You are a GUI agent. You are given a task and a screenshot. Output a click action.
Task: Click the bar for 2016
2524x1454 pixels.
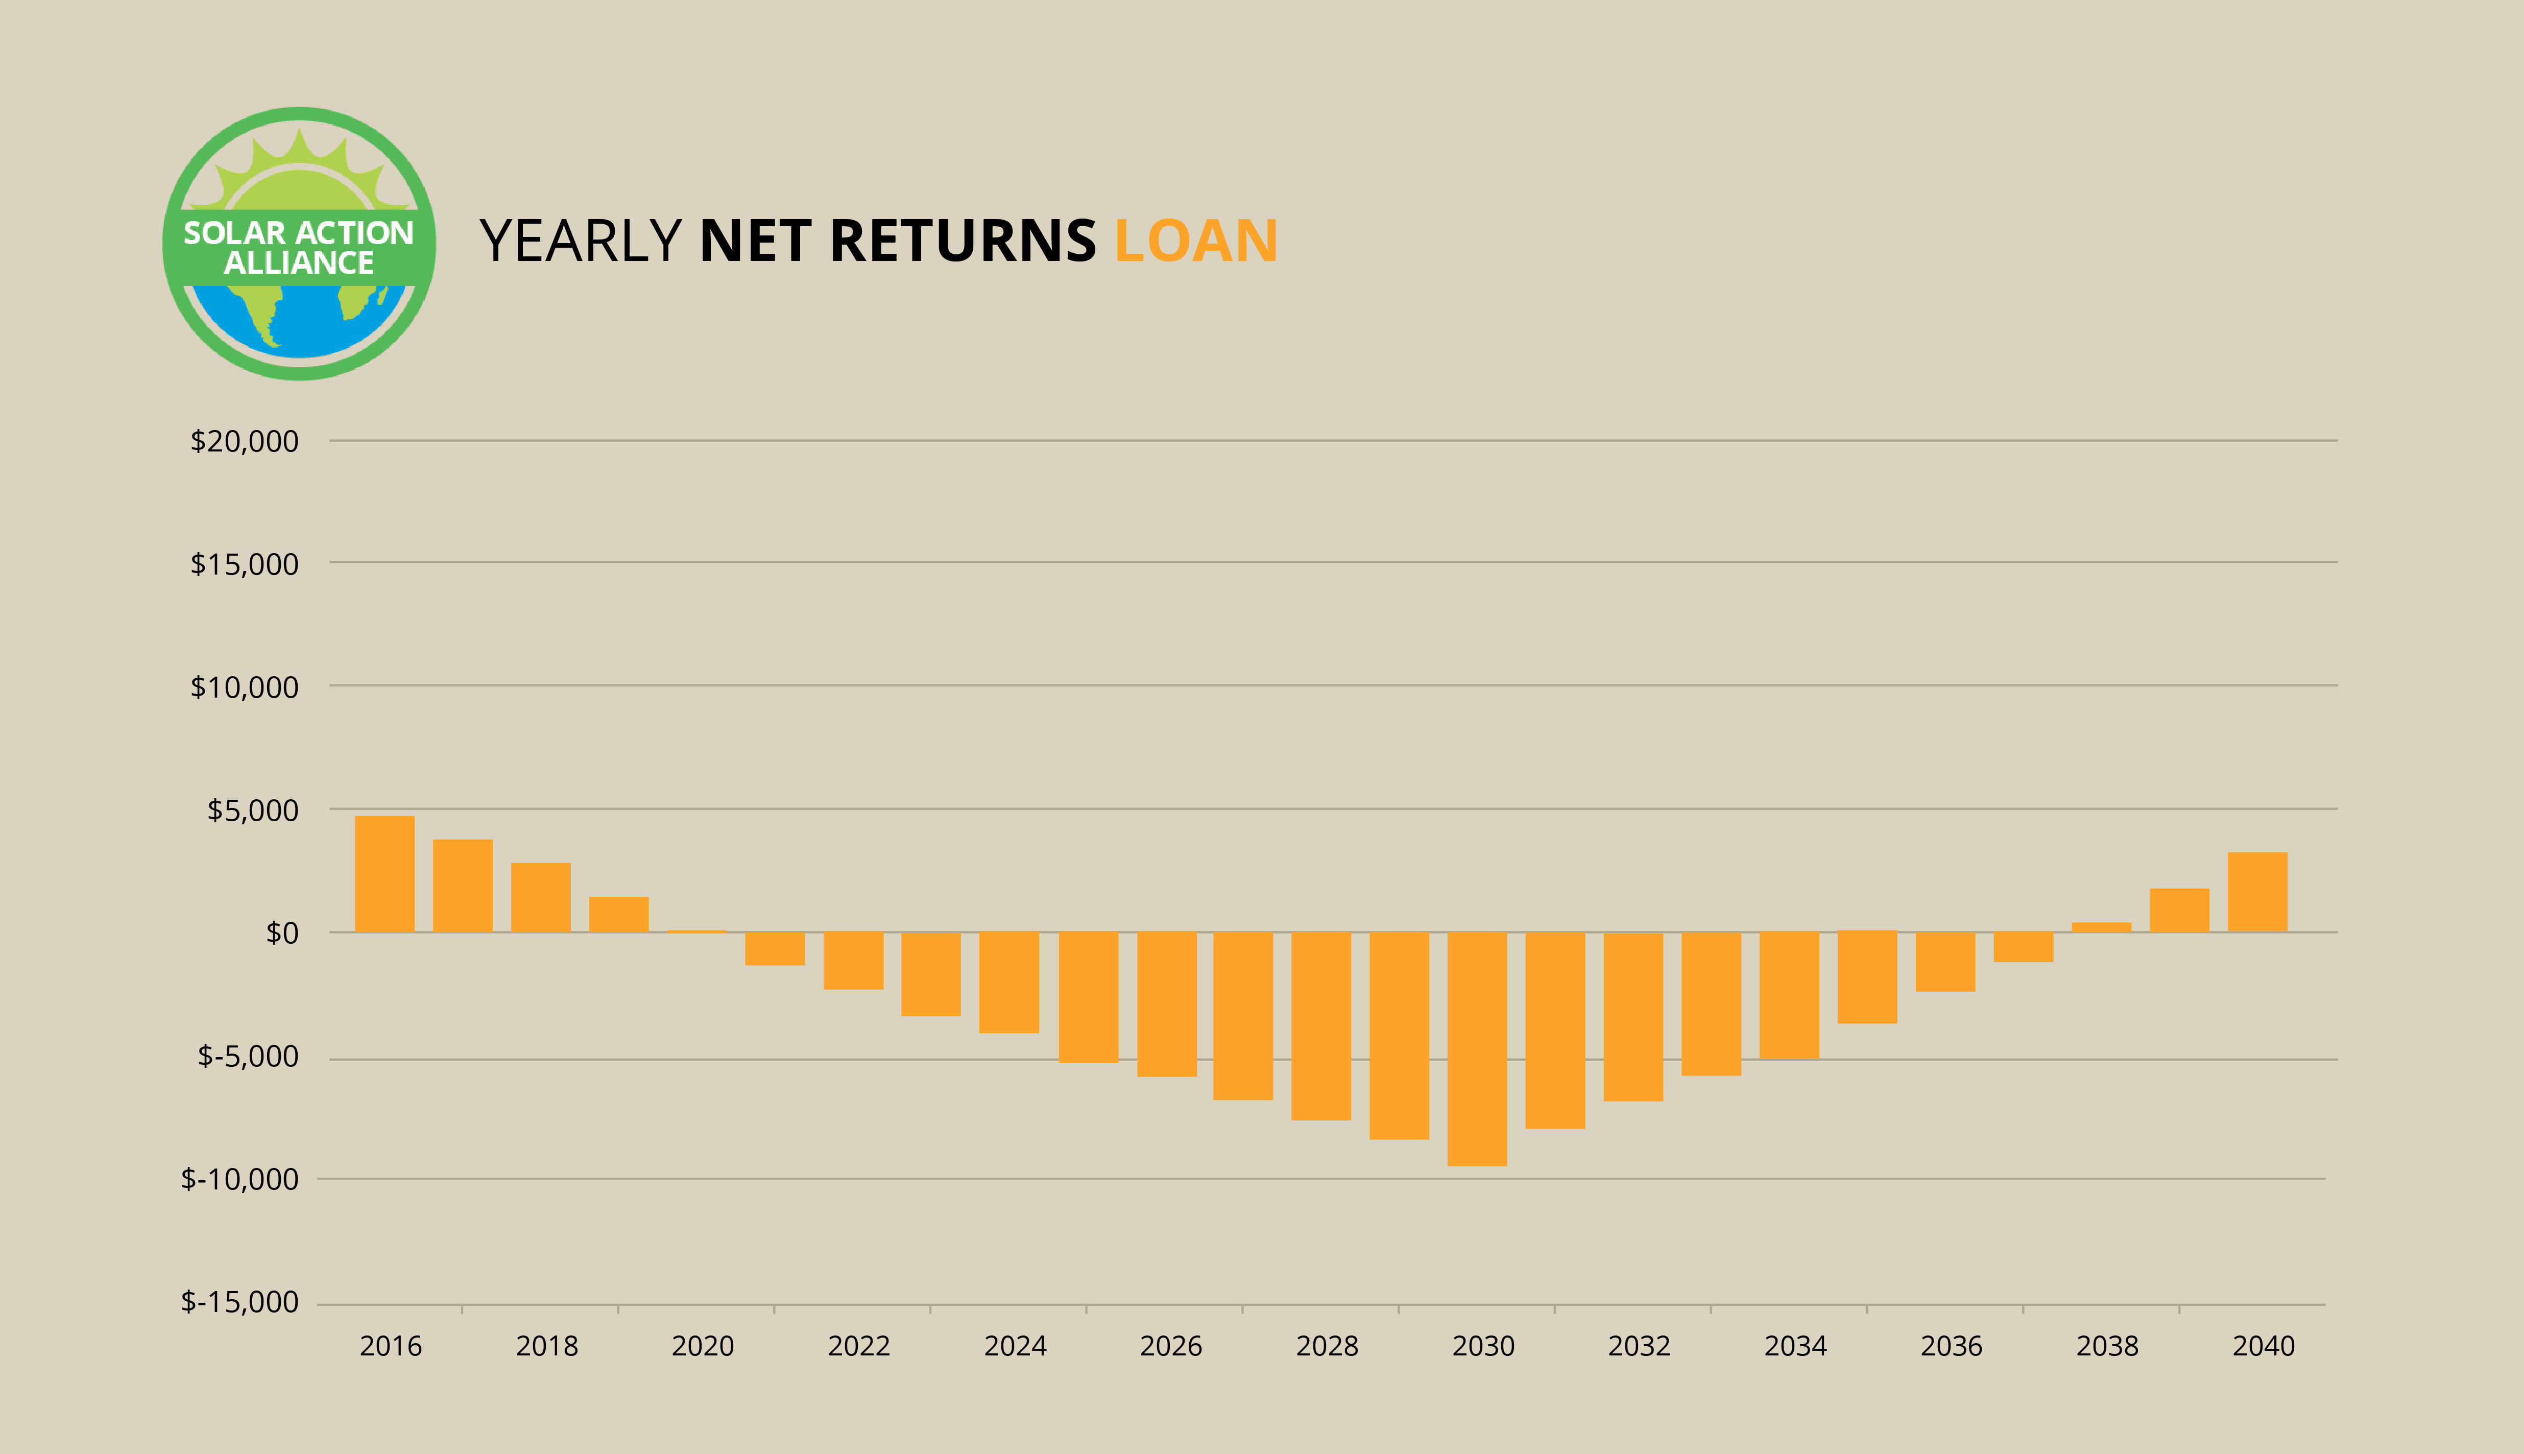tap(384, 874)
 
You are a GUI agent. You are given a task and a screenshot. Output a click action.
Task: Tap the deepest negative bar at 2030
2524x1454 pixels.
tap(1478, 1048)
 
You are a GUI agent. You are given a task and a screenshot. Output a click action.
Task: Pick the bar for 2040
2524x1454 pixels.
tap(2257, 892)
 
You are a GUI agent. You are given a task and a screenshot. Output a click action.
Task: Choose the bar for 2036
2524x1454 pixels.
tap(1945, 962)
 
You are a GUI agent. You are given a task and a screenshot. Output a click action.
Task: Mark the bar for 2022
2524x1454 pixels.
tap(854, 961)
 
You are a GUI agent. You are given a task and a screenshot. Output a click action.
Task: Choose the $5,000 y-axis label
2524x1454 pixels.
tap(253, 810)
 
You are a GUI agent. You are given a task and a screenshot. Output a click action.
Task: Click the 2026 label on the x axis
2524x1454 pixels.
tap(1171, 1346)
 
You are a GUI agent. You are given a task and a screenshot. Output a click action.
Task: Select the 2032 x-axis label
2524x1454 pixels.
tap(1640, 1346)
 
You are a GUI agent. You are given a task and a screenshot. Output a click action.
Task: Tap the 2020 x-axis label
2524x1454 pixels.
tap(703, 1346)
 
